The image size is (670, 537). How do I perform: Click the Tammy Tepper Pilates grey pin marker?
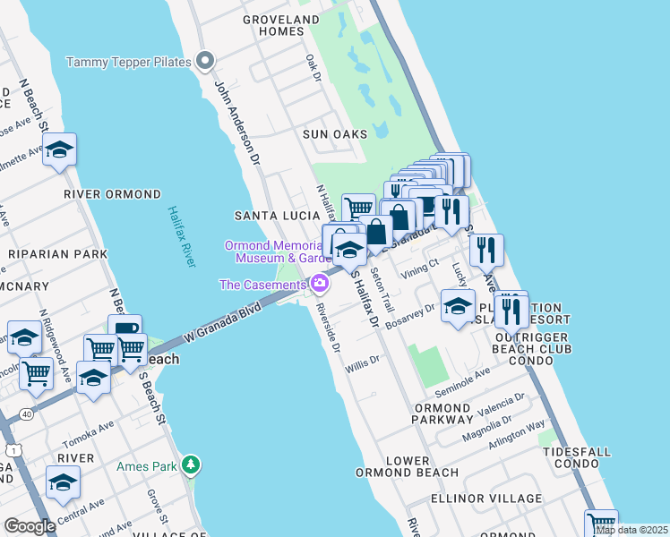tap(205, 62)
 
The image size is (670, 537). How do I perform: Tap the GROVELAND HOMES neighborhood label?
tap(281, 25)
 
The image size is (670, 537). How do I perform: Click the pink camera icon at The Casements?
tap(319, 285)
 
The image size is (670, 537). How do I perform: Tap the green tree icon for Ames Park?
tap(190, 465)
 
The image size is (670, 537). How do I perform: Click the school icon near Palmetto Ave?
tap(59, 150)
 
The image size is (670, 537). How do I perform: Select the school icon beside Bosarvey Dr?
tap(458, 306)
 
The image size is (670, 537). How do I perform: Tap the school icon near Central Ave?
tap(64, 482)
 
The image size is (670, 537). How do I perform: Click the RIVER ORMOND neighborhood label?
tap(112, 194)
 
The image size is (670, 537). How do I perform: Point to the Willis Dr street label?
tap(364, 362)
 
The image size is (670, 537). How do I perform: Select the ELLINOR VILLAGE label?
tap(486, 499)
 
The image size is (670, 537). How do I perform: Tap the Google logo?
tap(30, 525)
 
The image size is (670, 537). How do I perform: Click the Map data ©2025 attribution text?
tap(631, 530)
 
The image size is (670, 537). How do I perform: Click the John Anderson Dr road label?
tap(236, 124)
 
